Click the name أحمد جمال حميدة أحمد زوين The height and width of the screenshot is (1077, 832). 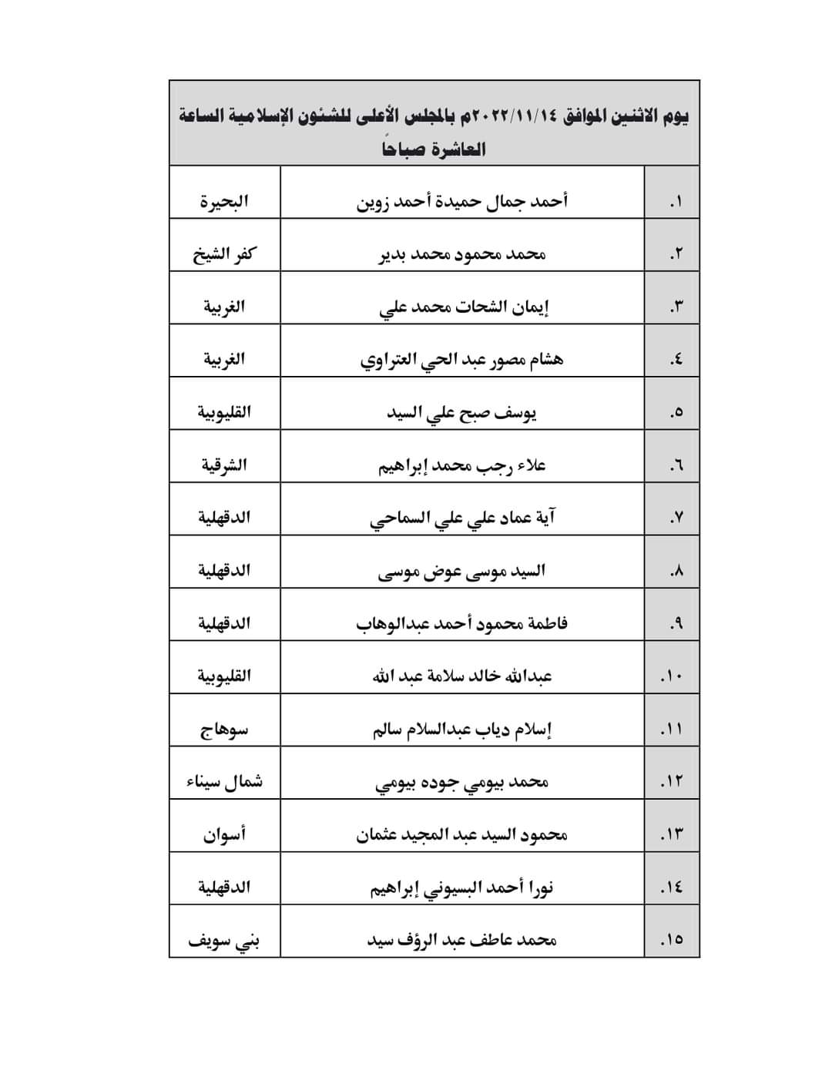pos(462,202)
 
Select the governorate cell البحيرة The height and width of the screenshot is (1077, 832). pos(224,202)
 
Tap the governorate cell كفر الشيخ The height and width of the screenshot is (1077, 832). pos(224,254)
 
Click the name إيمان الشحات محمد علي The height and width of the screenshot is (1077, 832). pos(464,307)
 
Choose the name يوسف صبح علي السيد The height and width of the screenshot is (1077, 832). pos(461,413)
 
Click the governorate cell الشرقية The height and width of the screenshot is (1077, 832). pos(224,465)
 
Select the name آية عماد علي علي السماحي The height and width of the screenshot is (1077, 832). pos(462,518)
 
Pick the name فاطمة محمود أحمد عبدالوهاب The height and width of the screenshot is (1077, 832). pos(462,624)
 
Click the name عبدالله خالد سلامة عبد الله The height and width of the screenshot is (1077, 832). pos(462,676)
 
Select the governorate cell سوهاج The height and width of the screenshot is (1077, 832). pos(224,730)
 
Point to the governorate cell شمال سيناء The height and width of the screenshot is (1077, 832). pos(224,782)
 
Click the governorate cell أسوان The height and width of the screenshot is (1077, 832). pos(224,835)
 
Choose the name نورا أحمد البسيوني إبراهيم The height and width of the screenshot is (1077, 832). pos(462,888)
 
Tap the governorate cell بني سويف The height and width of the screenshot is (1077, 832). pos(224,941)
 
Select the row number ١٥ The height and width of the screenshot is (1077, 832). pos(672,941)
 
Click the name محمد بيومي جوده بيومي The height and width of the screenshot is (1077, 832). pos(462,783)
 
